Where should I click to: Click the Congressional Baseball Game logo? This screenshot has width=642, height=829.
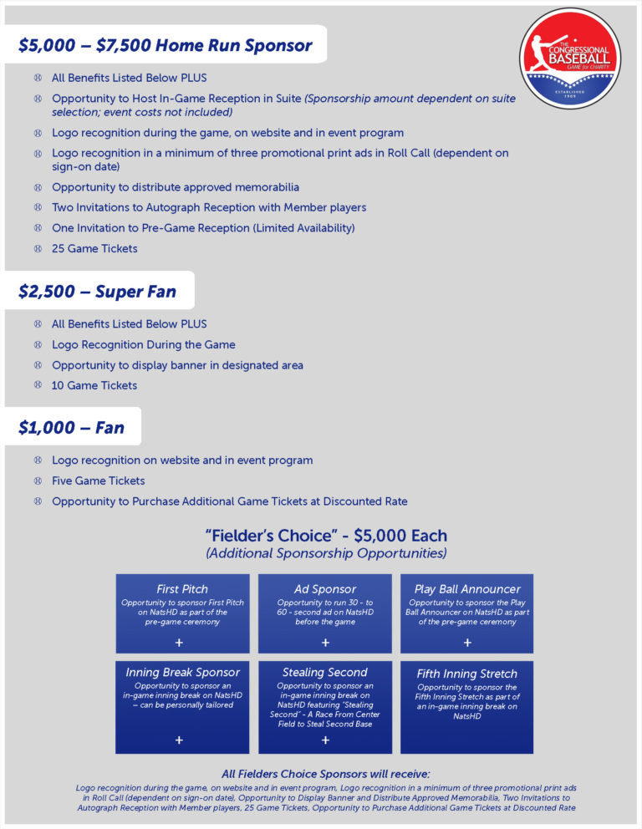569,58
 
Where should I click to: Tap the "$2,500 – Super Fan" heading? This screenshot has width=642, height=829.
98,292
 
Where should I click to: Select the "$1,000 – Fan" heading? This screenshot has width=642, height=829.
72,428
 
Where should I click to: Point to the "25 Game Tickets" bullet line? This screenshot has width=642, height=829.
94,248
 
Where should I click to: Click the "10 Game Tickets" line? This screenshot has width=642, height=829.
94,385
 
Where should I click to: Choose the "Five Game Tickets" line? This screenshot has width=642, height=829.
99,481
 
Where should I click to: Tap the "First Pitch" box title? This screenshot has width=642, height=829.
182,589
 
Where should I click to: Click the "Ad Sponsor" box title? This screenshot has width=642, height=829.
325,589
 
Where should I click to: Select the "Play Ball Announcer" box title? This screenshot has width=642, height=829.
467,589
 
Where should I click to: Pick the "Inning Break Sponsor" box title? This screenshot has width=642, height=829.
182,672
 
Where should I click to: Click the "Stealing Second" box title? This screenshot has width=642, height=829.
325,672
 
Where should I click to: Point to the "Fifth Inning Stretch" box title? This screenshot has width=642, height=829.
467,674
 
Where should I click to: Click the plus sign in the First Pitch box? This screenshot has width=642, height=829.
180,643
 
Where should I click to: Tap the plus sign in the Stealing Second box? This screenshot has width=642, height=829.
325,740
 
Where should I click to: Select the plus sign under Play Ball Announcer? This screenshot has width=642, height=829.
467,643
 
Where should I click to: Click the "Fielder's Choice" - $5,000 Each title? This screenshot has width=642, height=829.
326,536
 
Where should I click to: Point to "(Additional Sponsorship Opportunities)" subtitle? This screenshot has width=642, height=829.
326,553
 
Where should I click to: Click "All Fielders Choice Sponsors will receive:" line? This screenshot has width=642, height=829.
326,774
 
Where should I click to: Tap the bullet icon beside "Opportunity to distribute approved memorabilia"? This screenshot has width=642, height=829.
37,186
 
